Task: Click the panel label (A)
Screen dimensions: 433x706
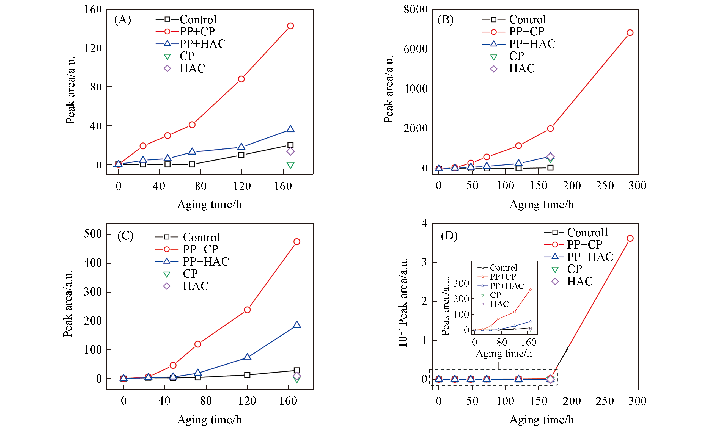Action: pyautogui.click(x=122, y=20)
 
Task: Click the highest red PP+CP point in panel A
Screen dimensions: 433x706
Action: pyautogui.click(x=290, y=26)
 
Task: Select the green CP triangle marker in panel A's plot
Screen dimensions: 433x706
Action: pyautogui.click(x=290, y=165)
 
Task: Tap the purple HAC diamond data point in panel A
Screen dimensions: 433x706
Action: pyautogui.click(x=290, y=151)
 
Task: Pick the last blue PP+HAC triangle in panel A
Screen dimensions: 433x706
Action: pyautogui.click(x=290, y=129)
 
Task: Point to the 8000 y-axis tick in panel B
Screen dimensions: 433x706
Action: pyautogui.click(x=416, y=9)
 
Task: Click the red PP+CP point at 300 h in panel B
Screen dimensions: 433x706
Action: pyautogui.click(x=630, y=33)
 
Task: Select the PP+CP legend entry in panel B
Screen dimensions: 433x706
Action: pyautogui.click(x=526, y=32)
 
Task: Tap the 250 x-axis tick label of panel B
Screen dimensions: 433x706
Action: pyautogui.click(x=605, y=186)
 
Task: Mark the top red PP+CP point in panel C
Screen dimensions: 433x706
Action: pyautogui.click(x=297, y=242)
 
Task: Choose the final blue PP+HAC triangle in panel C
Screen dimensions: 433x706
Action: pyautogui.click(x=297, y=325)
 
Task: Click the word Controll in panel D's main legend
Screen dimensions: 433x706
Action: pyautogui.click(x=587, y=232)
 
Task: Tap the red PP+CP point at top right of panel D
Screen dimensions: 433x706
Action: pyautogui.click(x=630, y=239)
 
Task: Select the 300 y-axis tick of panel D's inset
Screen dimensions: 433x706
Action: pyautogui.click(x=461, y=283)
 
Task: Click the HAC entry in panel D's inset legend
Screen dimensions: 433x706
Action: pyautogui.click(x=499, y=304)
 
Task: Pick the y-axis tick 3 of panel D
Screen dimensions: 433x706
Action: pyautogui.click(x=424, y=262)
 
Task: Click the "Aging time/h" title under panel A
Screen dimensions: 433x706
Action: pyautogui.click(x=210, y=205)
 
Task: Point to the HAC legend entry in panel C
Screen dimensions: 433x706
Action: pyautogui.click(x=196, y=286)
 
